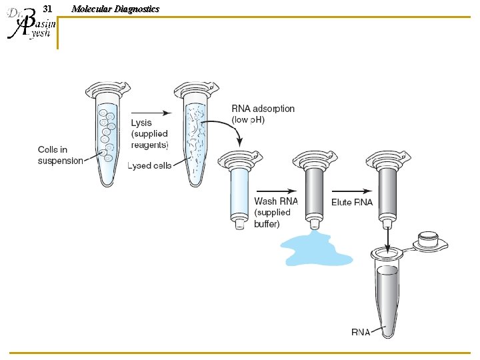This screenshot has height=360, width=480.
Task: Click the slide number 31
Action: click(x=47, y=9)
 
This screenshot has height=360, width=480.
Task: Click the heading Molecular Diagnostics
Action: click(x=115, y=9)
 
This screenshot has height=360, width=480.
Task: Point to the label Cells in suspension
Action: click(x=60, y=155)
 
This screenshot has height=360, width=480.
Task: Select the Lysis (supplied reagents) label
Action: click(x=149, y=133)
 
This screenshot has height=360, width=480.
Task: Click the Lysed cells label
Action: click(x=149, y=165)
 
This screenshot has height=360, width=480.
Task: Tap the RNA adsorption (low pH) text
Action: click(x=263, y=113)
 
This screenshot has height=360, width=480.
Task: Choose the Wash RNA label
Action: click(x=276, y=201)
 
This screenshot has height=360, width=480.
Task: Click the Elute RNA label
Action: click(x=353, y=201)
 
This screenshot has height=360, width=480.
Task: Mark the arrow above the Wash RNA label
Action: click(x=275, y=190)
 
